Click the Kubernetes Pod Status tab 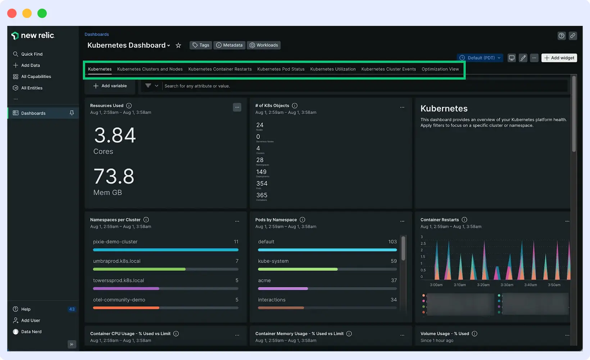pos(281,69)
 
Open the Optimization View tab pos(440,69)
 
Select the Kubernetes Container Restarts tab pos(220,69)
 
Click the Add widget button pos(559,58)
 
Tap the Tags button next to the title pos(201,45)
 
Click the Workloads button pos(264,45)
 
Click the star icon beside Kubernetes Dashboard pos(178,45)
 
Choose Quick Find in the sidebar pos(32,54)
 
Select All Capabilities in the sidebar pos(36,77)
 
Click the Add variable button pos(110,86)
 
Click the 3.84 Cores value pos(115,136)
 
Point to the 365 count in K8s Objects pos(262,195)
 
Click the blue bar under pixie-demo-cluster pos(165,250)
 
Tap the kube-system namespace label pos(273,261)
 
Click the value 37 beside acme pos(394,281)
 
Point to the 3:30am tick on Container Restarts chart pos(507,285)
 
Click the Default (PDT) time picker pos(480,58)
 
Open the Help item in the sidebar pos(26,309)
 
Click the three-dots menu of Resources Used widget pos(237,107)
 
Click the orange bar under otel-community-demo pos(126,308)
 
